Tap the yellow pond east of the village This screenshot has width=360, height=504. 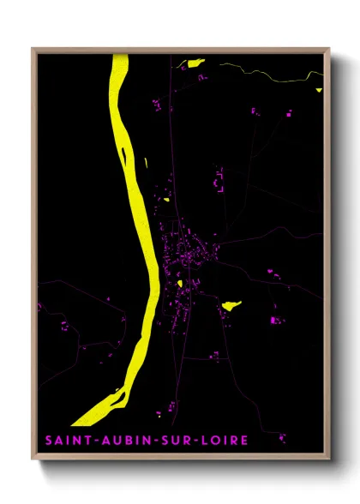231,304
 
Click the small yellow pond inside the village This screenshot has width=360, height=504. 183,282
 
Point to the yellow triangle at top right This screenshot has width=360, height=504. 318,89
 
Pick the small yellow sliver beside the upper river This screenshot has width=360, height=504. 147,162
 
